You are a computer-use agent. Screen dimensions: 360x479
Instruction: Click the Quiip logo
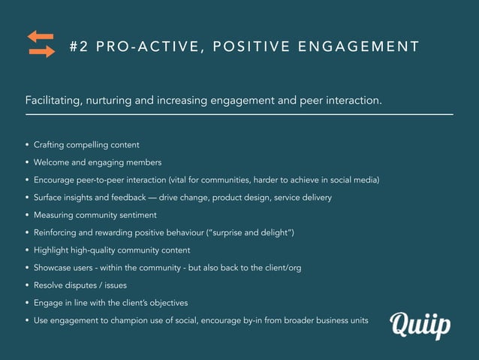tap(420, 325)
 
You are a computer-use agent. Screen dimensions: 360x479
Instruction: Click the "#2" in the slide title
tap(78, 47)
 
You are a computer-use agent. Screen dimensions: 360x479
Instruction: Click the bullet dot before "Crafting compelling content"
tap(27, 145)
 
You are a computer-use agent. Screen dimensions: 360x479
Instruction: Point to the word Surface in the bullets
tap(50, 198)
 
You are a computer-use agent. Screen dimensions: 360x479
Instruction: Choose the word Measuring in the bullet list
tap(55, 215)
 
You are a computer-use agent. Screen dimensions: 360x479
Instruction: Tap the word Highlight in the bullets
tap(53, 250)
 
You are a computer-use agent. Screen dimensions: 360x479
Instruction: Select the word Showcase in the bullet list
tap(54, 268)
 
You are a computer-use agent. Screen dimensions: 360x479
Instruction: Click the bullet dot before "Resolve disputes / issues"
tap(27, 286)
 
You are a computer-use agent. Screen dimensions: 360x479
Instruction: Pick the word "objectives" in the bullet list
tap(165, 303)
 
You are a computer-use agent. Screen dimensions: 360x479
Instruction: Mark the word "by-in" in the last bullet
tap(268, 321)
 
